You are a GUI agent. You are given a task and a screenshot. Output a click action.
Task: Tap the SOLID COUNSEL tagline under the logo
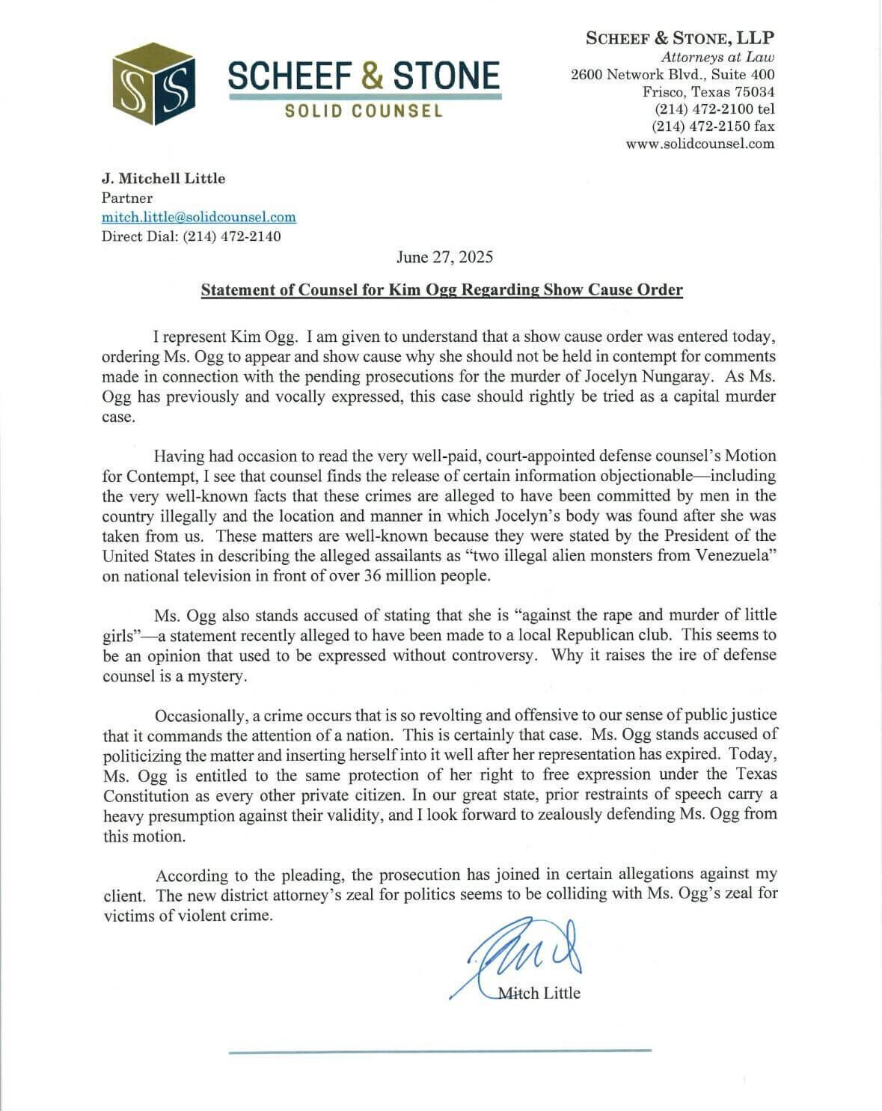tap(364, 111)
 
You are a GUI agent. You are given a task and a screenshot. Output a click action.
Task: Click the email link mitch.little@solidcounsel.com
tap(199, 217)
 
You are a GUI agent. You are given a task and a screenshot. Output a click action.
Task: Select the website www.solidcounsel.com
tap(700, 144)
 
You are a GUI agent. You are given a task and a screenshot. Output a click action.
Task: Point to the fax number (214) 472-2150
tap(714, 126)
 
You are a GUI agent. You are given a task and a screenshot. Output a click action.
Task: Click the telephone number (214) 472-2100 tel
tap(714, 109)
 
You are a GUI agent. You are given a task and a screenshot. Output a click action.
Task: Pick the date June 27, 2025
tap(444, 257)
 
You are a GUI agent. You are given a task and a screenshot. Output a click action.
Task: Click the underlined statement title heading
tap(441, 290)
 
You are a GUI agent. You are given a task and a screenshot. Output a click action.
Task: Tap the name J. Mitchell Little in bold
tap(163, 178)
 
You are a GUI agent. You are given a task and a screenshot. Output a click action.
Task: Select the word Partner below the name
tap(127, 198)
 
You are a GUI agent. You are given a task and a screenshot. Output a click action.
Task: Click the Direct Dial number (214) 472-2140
tap(232, 236)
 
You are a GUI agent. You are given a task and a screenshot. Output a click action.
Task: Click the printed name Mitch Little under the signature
tap(539, 993)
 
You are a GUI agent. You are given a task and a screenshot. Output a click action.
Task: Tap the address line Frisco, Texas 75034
tap(708, 92)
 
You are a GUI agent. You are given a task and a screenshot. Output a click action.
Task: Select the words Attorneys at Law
tap(717, 57)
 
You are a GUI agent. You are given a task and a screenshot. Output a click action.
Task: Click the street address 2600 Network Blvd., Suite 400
tap(673, 74)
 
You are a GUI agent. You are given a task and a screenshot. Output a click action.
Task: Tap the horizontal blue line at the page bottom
tap(440, 1050)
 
